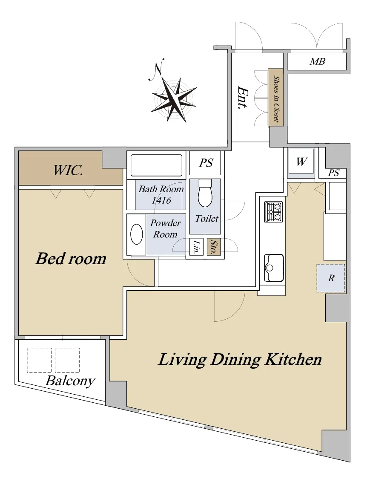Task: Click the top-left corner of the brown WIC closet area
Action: (19, 151)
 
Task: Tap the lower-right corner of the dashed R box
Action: (345, 292)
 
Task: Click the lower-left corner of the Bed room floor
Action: (19, 335)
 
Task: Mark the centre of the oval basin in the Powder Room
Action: (137, 234)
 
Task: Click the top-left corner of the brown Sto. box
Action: (207, 239)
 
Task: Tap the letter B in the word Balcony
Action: (50, 381)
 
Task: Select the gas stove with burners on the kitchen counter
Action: (273, 212)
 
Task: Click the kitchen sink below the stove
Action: (274, 268)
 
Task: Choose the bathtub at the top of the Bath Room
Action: (156, 165)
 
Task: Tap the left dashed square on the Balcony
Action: (39, 360)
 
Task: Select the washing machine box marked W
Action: (301, 162)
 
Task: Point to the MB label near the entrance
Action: (317, 61)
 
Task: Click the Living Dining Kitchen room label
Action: (240, 360)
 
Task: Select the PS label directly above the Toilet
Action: (206, 163)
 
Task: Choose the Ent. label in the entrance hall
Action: (243, 98)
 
